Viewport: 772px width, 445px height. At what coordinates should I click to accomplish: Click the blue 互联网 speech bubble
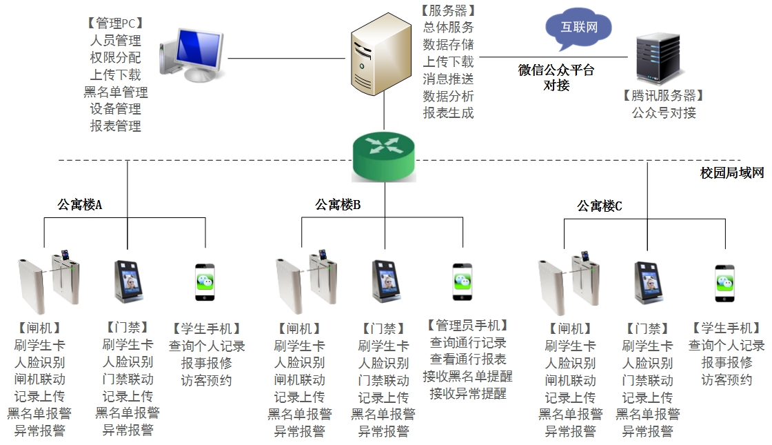coord(578,28)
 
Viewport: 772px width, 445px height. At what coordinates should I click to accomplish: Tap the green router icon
coord(385,157)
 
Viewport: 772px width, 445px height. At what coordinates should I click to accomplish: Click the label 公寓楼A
coord(80,204)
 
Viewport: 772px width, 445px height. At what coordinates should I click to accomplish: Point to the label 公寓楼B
coord(338,204)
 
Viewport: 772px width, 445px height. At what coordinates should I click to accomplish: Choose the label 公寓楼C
coord(600,206)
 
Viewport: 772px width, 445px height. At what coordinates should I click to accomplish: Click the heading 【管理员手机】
coord(467,325)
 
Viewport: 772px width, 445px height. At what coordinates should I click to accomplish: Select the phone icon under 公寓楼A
coord(205,281)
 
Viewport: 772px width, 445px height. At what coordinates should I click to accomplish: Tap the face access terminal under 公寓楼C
coord(649,282)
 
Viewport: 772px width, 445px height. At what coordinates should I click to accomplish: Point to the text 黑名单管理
coord(116,92)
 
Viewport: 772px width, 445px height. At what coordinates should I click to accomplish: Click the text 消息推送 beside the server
coord(448,79)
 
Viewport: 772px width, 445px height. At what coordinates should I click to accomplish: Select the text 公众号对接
coord(664,112)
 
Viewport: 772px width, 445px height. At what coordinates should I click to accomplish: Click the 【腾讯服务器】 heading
coord(663,96)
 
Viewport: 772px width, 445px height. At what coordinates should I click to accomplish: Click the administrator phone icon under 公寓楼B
coord(462,281)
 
